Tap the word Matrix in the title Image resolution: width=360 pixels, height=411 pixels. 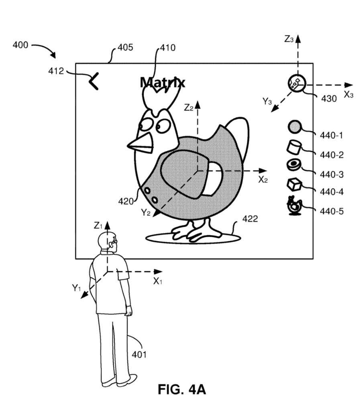pos(163,83)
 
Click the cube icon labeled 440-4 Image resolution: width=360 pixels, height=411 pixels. pos(294,184)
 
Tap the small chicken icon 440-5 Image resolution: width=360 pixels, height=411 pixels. pos(294,205)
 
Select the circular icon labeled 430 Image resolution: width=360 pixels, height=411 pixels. pos(297,83)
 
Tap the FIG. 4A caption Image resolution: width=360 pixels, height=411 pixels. pos(181,389)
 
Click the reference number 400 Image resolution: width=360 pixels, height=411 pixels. pos(20,45)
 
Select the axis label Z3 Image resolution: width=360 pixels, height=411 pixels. pos(289,39)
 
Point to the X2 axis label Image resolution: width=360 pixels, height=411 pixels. pos(263,179)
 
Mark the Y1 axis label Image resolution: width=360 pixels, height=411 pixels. pos(77,287)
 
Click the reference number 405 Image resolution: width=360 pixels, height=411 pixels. pos(125,48)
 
